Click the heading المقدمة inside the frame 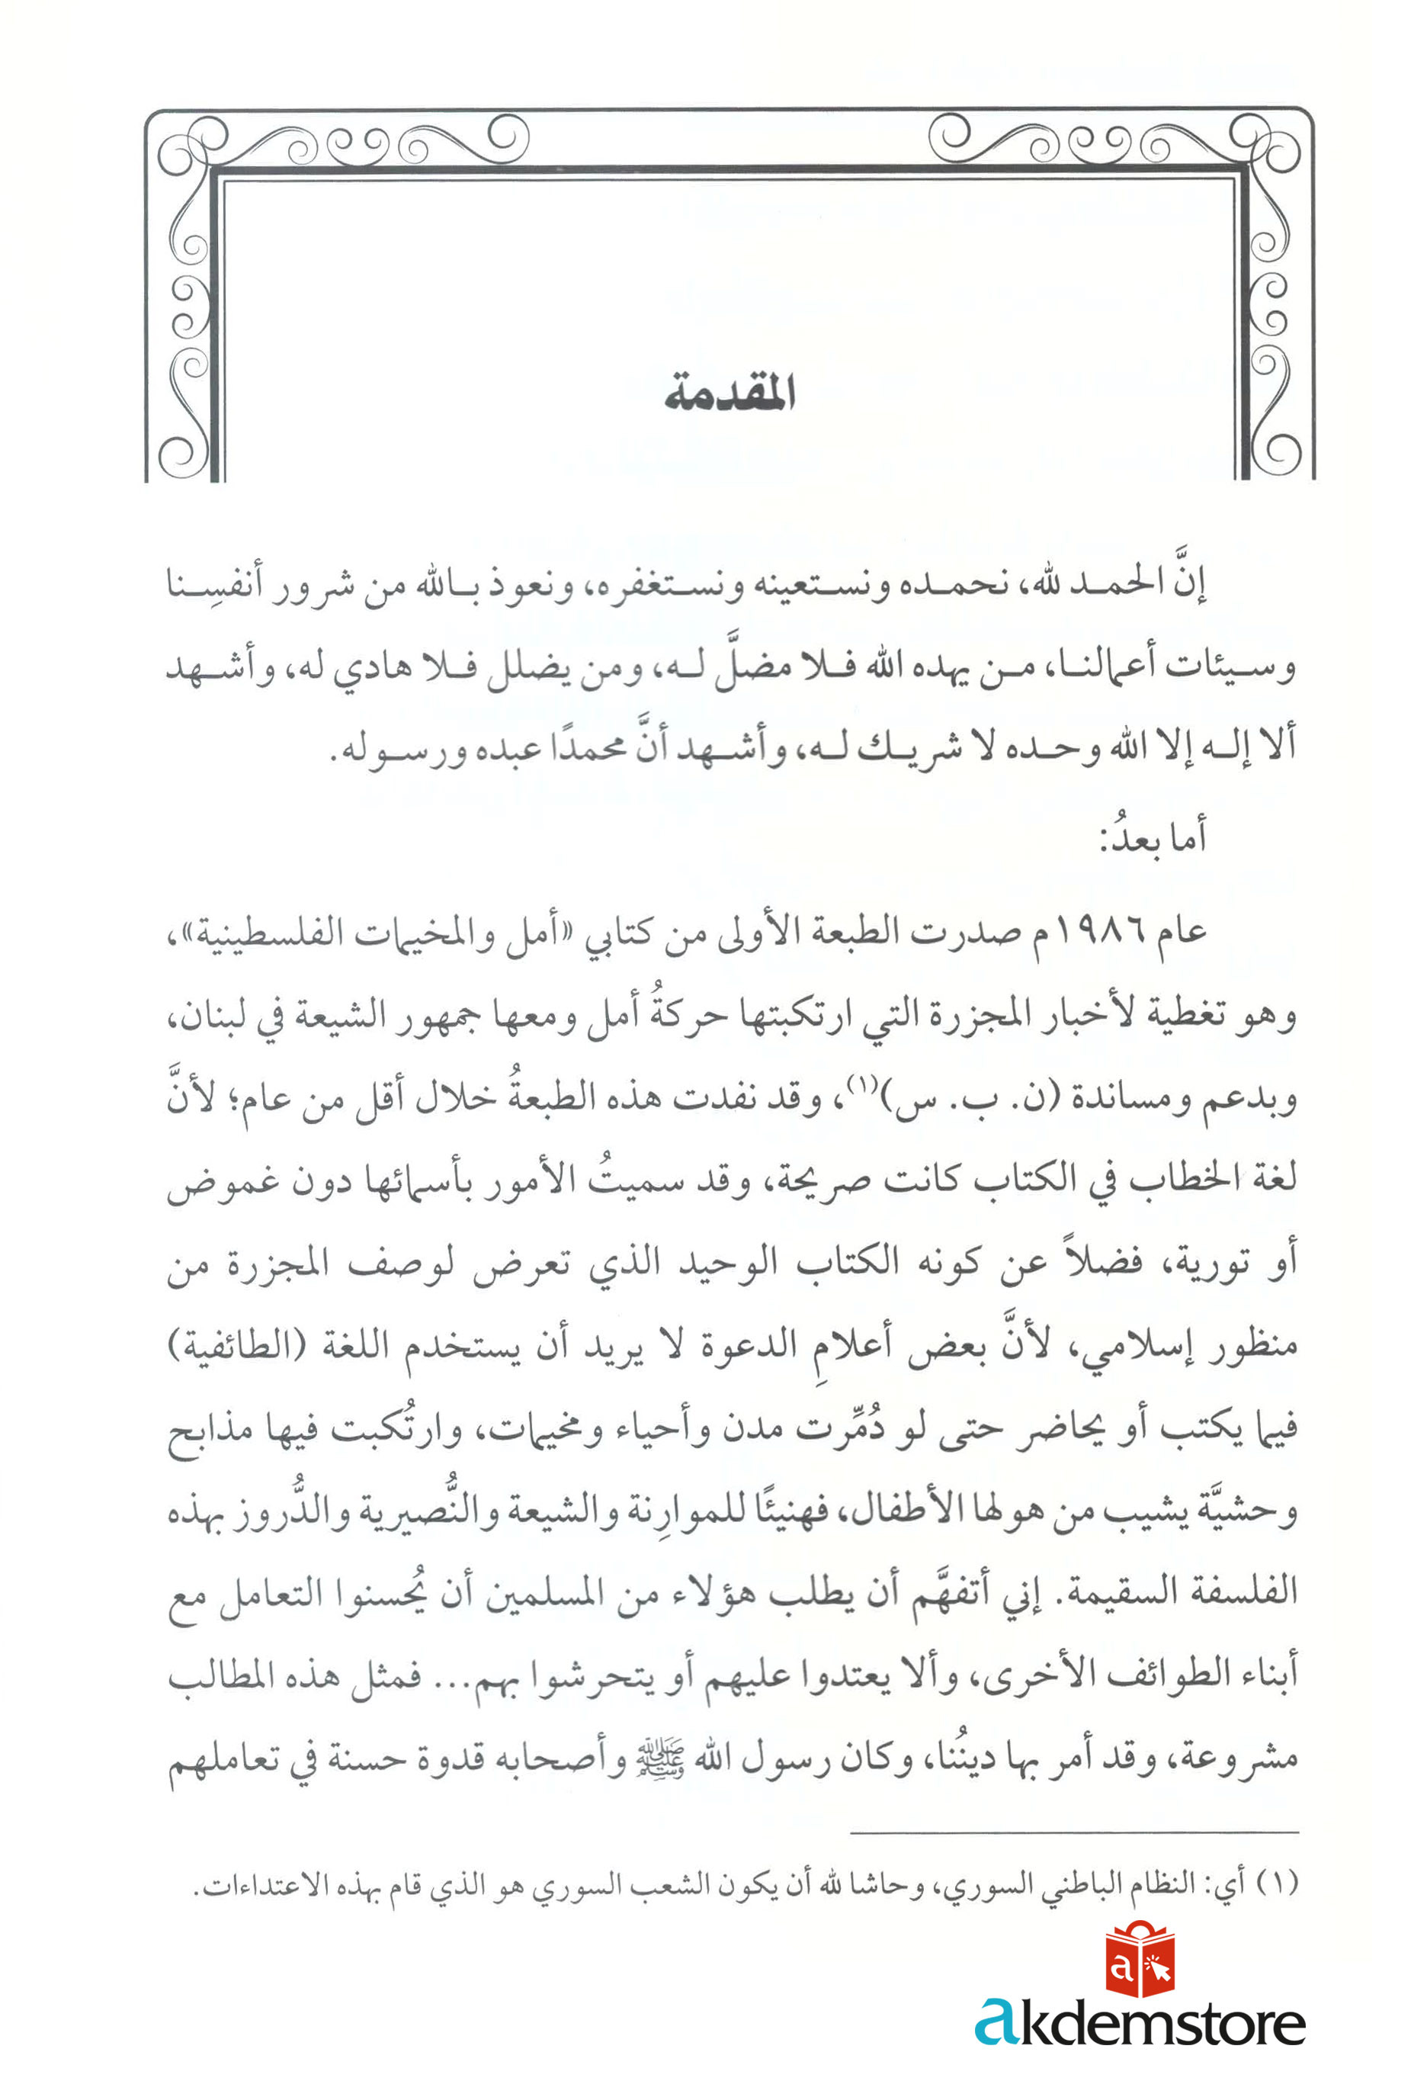tap(730, 394)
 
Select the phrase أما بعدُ tap(1153, 837)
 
